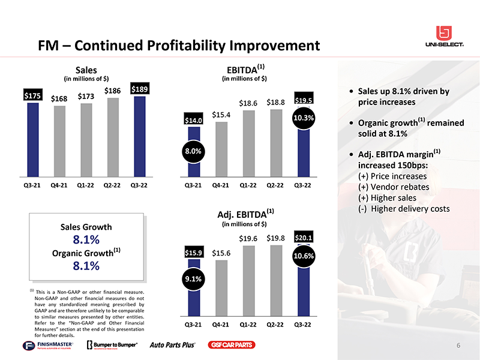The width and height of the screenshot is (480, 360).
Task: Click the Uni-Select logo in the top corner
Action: click(445, 37)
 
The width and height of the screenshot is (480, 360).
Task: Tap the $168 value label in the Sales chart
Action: click(59, 98)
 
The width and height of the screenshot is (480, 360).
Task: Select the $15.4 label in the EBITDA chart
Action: click(222, 114)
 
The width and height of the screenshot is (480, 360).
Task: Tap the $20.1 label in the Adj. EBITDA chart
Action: click(304, 238)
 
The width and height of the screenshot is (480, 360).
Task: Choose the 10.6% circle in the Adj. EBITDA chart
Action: click(304, 256)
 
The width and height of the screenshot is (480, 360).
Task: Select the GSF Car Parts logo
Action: click(232, 345)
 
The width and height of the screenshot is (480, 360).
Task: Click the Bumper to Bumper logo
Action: click(112, 345)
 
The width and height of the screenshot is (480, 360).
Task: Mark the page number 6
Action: click(458, 345)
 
